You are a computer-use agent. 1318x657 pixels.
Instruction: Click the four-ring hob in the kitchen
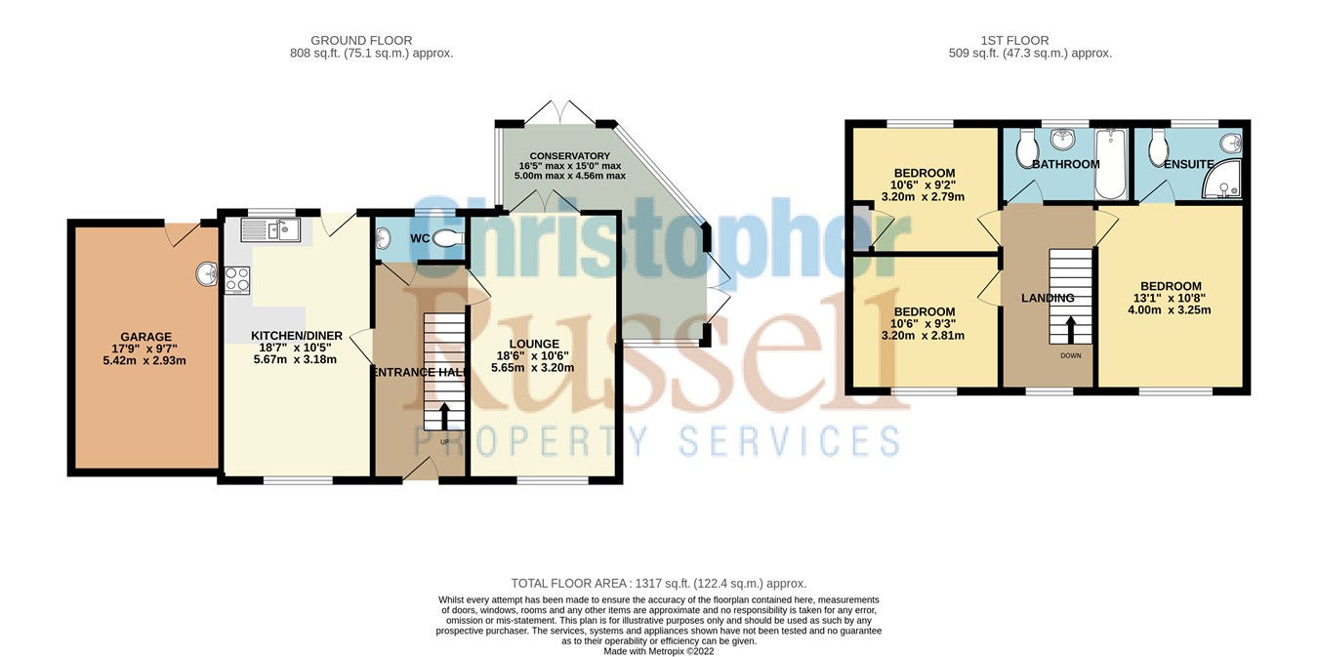[x=238, y=280]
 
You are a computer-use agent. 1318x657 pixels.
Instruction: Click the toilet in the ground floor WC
[x=448, y=238]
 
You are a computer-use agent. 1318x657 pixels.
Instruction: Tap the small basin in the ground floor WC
[x=382, y=239]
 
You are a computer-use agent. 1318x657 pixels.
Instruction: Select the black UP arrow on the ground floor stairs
[x=445, y=418]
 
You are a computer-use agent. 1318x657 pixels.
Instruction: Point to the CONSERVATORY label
[x=570, y=156]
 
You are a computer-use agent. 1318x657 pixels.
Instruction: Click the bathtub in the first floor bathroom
[x=1111, y=163]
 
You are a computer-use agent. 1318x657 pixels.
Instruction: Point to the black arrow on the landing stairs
[x=1071, y=328]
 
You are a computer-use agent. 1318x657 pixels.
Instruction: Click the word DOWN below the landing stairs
[x=1071, y=355]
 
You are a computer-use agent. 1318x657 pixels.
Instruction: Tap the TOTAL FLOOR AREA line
[x=659, y=583]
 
